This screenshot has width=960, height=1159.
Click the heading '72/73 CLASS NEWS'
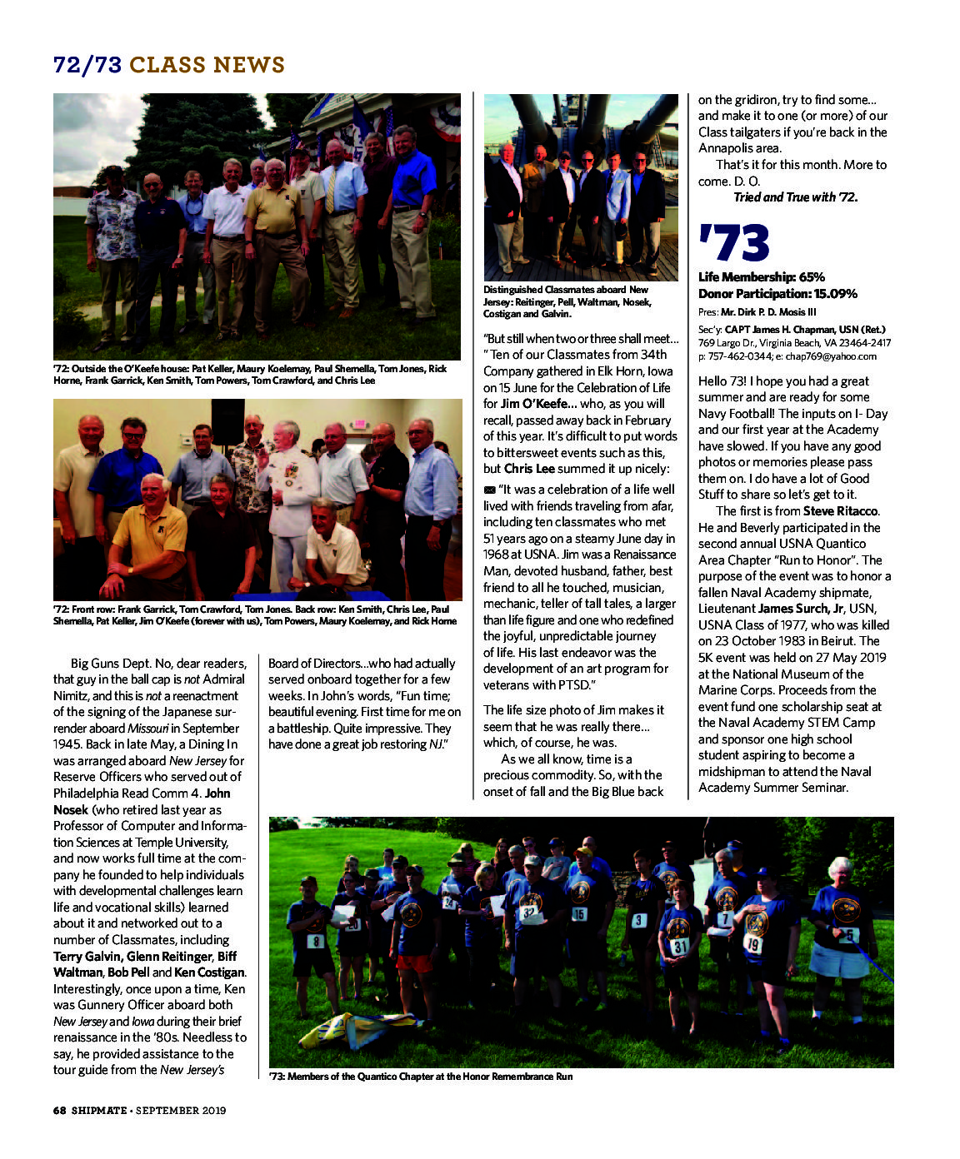(169, 65)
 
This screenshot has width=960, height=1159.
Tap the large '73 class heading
(733, 243)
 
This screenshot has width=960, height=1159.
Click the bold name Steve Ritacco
(840, 511)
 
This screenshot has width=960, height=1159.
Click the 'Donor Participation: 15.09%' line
(777, 294)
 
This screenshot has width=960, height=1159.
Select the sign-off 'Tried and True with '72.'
(795, 197)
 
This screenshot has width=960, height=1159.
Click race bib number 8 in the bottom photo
(316, 942)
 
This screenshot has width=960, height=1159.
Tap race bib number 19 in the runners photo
(753, 945)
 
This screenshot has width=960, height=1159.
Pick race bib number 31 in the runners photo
(680, 947)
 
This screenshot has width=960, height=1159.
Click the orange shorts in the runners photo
(414, 963)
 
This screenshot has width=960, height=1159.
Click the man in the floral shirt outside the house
(113, 241)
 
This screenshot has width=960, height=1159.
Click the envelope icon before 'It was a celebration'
(489, 490)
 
